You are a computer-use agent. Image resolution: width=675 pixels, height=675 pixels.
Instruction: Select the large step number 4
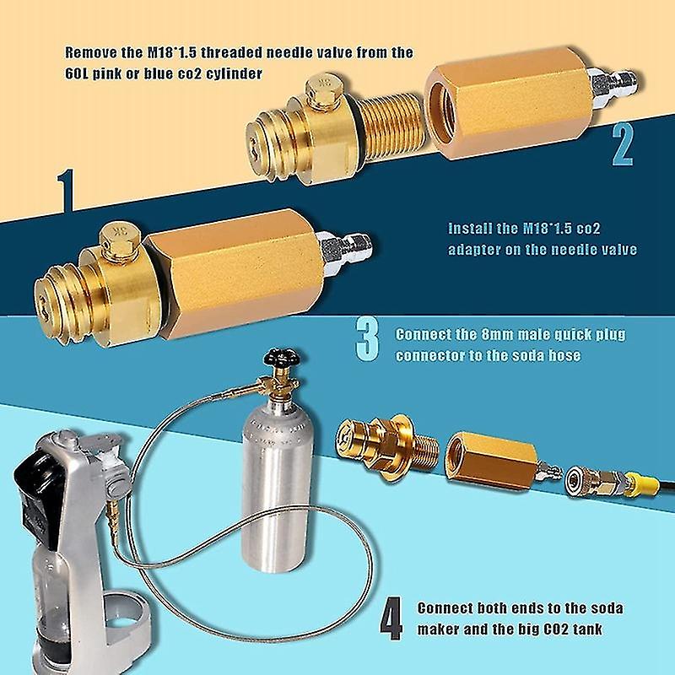tap(389, 619)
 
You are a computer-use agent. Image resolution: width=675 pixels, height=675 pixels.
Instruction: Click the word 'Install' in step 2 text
tap(467, 228)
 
